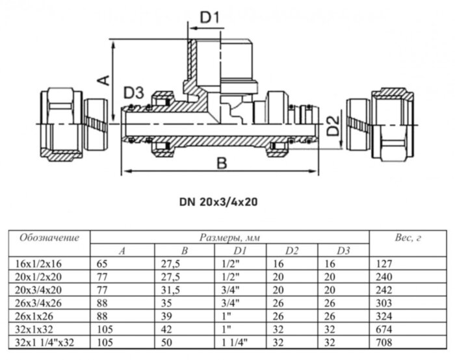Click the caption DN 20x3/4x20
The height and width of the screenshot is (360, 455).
click(x=218, y=202)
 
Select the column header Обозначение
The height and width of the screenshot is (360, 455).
click(x=49, y=237)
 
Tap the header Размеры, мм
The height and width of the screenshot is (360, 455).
click(x=229, y=237)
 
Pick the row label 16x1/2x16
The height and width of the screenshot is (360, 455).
click(x=32, y=264)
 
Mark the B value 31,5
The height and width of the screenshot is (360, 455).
click(x=170, y=290)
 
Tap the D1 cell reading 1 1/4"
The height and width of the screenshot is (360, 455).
click(x=235, y=341)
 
